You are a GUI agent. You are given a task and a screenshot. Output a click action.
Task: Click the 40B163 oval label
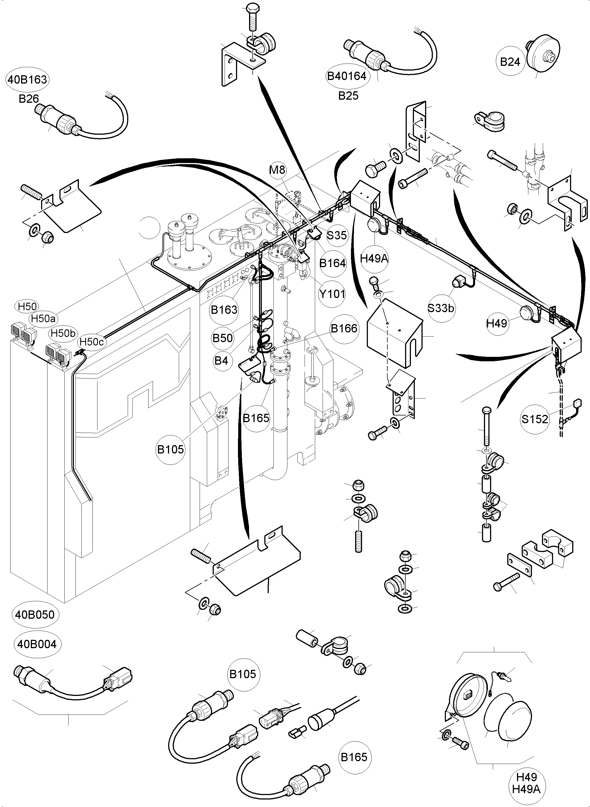(27, 79)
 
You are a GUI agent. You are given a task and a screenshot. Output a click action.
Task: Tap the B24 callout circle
(510, 62)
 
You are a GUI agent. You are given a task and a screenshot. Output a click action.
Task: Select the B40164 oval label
(347, 76)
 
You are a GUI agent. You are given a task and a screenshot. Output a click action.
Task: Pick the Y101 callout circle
(332, 294)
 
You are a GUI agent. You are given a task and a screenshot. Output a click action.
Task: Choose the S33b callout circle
(441, 308)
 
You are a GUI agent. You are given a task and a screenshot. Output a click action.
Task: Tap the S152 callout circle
(535, 419)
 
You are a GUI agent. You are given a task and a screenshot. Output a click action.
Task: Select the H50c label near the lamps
(91, 342)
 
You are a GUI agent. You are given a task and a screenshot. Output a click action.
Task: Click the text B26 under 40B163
(29, 99)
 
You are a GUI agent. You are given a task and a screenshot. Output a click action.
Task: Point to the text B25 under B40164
(348, 96)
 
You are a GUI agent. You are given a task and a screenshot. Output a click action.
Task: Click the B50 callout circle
(222, 338)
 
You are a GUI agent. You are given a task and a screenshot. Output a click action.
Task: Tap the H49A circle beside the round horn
(374, 258)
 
